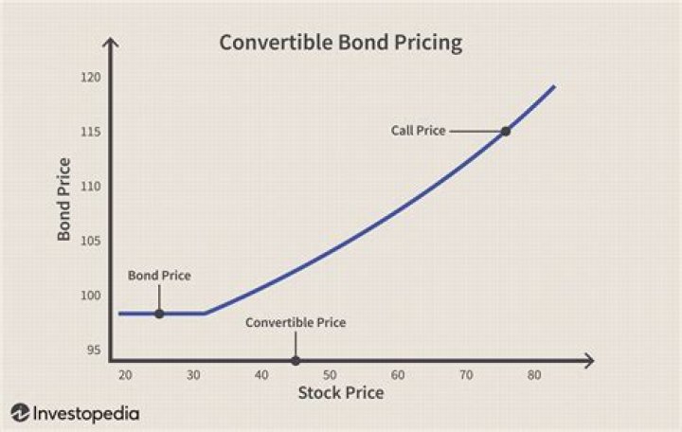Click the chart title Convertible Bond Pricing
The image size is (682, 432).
[x=340, y=43]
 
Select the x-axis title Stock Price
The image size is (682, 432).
[x=341, y=392]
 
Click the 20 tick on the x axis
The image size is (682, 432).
[x=126, y=375]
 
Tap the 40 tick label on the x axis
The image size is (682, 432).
[x=261, y=375]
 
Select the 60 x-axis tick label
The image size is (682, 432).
[x=398, y=375]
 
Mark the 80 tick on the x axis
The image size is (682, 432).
[x=534, y=375]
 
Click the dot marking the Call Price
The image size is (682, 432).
[x=506, y=131]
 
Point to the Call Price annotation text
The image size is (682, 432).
[x=418, y=131]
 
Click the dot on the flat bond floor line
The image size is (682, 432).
[x=159, y=313]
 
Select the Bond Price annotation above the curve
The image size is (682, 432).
[x=159, y=276]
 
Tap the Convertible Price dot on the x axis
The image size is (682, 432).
[x=296, y=361]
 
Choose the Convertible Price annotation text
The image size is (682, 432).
[x=296, y=322]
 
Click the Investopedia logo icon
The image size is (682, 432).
[x=21, y=413]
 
